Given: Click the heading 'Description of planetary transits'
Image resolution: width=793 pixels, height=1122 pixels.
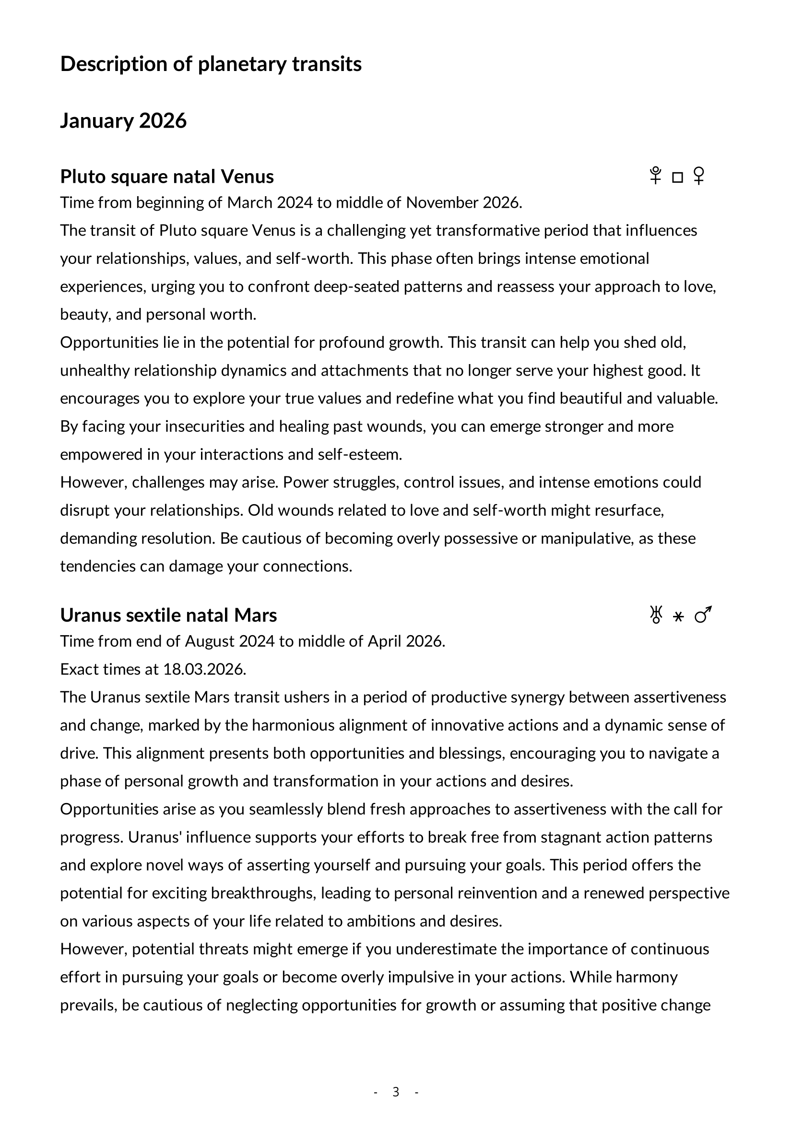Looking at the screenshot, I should (x=211, y=64).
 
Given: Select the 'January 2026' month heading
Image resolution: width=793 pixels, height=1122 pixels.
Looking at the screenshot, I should (x=123, y=121).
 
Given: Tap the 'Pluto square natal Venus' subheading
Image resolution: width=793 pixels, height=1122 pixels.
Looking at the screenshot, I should (x=166, y=177).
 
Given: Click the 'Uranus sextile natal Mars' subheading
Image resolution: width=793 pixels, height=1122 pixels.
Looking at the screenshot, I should (x=168, y=615).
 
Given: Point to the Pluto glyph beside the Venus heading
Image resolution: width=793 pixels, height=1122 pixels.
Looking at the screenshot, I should (x=655, y=176).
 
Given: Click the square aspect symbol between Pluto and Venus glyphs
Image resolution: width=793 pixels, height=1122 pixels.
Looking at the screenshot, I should (x=677, y=177).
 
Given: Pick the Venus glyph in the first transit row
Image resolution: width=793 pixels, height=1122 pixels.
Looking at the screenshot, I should (x=699, y=176).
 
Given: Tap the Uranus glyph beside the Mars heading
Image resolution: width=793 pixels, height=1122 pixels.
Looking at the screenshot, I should (x=656, y=615).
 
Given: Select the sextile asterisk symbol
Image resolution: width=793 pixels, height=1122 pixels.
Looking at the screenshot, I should (x=678, y=617).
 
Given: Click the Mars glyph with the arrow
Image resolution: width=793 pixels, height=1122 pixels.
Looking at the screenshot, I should (x=703, y=615).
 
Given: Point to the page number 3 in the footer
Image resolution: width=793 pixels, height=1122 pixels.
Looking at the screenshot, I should (x=396, y=1092).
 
